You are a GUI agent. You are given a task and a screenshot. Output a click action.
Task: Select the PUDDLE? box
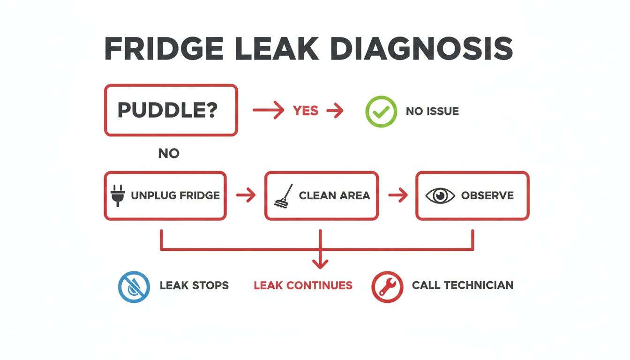pyautogui.click(x=171, y=110)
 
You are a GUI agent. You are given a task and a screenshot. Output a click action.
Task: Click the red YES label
pyautogui.click(x=305, y=111)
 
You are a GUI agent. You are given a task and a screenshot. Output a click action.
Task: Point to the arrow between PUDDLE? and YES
pyautogui.click(x=268, y=111)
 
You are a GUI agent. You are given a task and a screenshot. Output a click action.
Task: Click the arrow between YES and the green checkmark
pyautogui.click(x=335, y=111)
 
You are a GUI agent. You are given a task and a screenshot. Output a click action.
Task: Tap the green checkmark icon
pyautogui.click(x=381, y=112)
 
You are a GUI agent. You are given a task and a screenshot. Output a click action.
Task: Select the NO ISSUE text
pyautogui.click(x=432, y=112)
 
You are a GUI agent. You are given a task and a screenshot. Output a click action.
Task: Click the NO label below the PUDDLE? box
pyautogui.click(x=169, y=153)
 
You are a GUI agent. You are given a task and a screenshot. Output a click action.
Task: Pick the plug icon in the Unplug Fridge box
pyautogui.click(x=117, y=195)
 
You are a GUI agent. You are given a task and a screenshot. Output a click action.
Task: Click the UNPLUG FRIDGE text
pyautogui.click(x=175, y=195)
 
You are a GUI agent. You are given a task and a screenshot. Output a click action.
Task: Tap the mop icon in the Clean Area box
pyautogui.click(x=283, y=195)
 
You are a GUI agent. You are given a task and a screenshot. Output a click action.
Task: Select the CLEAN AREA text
pyautogui.click(x=334, y=195)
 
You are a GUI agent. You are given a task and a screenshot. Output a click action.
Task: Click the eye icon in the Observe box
pyautogui.click(x=440, y=195)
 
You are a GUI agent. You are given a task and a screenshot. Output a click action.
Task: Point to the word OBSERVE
pyautogui.click(x=487, y=195)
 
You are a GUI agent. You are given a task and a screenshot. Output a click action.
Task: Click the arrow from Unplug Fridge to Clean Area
pyautogui.click(x=246, y=195)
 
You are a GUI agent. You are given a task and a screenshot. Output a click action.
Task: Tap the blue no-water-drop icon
pyautogui.click(x=134, y=286)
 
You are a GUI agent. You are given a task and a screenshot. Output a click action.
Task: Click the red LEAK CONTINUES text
pyautogui.click(x=303, y=285)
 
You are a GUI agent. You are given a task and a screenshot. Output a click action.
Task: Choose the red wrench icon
pyautogui.click(x=387, y=286)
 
